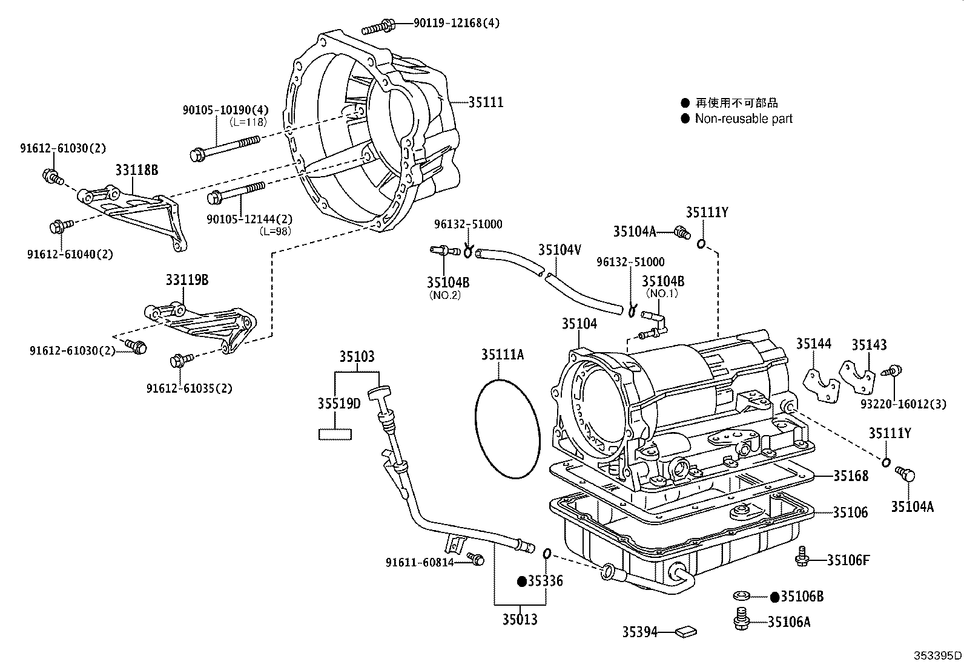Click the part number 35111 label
[x=486, y=102]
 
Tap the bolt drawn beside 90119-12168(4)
[x=378, y=27]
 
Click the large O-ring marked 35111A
[x=507, y=428]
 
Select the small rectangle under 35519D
[x=335, y=433]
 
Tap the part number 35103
[x=357, y=356]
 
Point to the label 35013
[x=520, y=619]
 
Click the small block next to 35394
[x=687, y=632]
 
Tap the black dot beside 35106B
[x=774, y=597]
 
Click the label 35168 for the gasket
[x=850, y=476]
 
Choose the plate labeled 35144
[x=821, y=384]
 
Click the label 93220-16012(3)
[x=903, y=404]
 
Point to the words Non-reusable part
[x=744, y=119]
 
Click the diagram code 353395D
[x=937, y=655]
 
